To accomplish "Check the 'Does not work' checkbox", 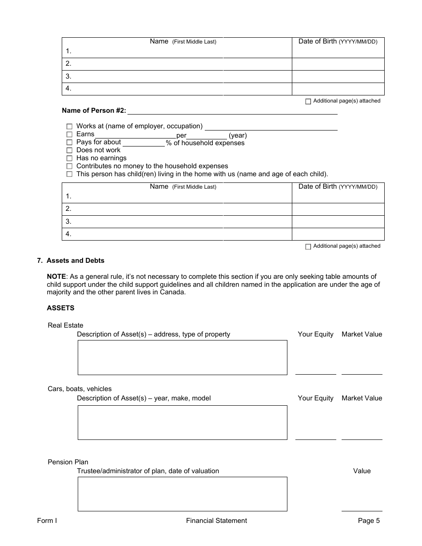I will tap(69, 150).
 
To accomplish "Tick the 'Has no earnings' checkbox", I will tap(69, 158).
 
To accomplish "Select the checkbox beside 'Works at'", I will tap(69, 127).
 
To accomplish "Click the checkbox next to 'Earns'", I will tap(69, 135).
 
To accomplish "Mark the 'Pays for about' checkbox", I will tap(69, 142).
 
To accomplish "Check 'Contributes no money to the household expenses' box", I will tap(69, 166).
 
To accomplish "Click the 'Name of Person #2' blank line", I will tap(232, 111).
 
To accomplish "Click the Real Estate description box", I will tap(182, 357).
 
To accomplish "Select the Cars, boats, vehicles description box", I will tap(182, 423).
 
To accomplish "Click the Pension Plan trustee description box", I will tap(182, 494).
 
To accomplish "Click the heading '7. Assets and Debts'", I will tap(71, 261).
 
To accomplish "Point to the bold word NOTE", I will tap(56, 277).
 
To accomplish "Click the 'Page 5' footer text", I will tap(369, 521).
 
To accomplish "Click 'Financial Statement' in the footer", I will tap(216, 521).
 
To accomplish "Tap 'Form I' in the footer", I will tap(47, 521).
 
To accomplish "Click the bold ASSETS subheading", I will tap(60, 308).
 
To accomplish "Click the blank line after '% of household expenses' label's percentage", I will tap(143, 143).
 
